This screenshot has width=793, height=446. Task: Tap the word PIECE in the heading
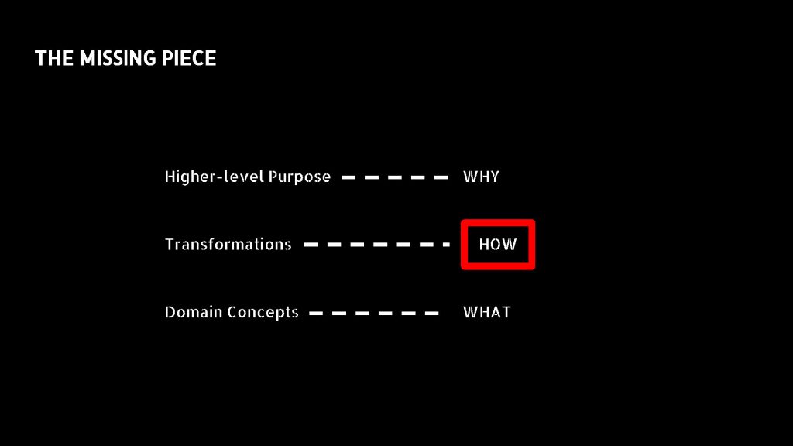tap(189, 58)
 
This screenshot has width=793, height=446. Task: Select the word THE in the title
tap(54, 58)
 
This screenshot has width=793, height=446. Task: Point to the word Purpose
tap(300, 177)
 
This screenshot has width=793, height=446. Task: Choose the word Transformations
tap(228, 244)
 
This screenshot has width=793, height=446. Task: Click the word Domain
tap(194, 312)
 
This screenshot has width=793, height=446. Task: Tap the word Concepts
tap(263, 313)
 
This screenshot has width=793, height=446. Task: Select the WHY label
tap(481, 177)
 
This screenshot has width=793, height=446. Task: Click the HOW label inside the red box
tap(498, 244)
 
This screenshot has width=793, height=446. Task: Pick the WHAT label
tap(487, 312)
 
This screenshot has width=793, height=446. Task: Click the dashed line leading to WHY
tap(395, 177)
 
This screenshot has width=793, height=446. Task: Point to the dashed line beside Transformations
tap(377, 245)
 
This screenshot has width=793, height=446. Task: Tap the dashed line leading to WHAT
tap(374, 313)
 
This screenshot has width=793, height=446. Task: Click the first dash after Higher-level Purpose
tap(348, 177)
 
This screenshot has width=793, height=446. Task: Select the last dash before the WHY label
tap(441, 177)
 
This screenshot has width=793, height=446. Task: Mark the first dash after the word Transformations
tap(311, 245)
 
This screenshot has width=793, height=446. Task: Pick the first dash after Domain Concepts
tap(316, 313)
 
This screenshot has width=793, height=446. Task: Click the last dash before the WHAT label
tap(432, 313)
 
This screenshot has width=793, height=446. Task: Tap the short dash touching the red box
tap(447, 245)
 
